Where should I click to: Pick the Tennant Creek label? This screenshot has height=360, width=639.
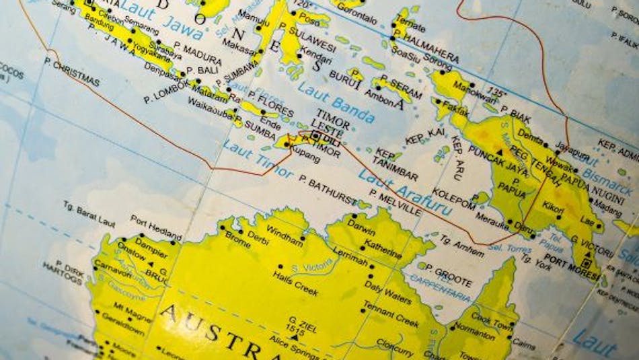pyautogui.click(x=391, y=313)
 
